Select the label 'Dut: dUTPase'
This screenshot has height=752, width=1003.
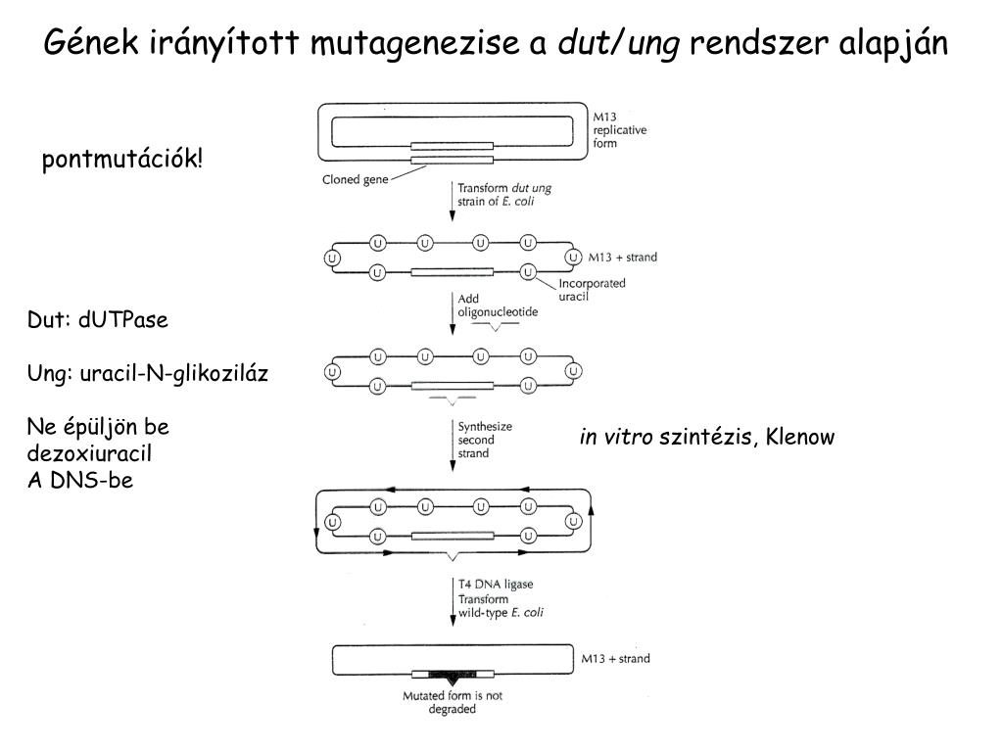click(x=98, y=320)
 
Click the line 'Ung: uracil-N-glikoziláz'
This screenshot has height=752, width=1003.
click(x=148, y=373)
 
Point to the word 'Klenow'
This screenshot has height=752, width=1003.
click(x=800, y=437)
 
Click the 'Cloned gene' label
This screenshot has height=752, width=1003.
click(x=356, y=180)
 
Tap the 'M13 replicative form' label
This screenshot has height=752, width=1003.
click(x=619, y=129)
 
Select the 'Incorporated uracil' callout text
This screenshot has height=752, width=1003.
click(x=592, y=290)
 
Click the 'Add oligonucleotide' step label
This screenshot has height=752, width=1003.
click(x=498, y=305)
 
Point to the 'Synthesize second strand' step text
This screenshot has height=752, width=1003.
click(x=485, y=440)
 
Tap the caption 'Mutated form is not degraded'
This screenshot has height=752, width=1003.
click(x=453, y=703)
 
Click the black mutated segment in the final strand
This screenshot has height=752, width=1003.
click(x=452, y=675)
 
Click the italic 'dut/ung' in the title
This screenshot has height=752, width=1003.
click(x=617, y=43)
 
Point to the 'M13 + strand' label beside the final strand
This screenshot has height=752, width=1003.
click(x=615, y=659)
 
